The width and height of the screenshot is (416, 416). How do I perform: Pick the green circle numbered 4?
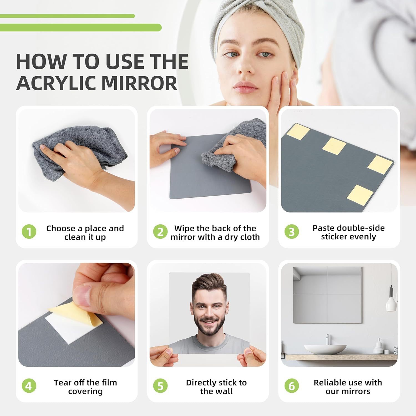pos(29,386)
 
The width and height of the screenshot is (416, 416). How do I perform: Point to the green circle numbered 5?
pos(160,386)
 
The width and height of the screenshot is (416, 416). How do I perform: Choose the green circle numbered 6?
pos(292,386)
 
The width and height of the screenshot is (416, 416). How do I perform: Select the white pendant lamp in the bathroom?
pos(391,304)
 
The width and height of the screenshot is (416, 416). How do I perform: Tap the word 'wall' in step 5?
pos(225,391)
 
